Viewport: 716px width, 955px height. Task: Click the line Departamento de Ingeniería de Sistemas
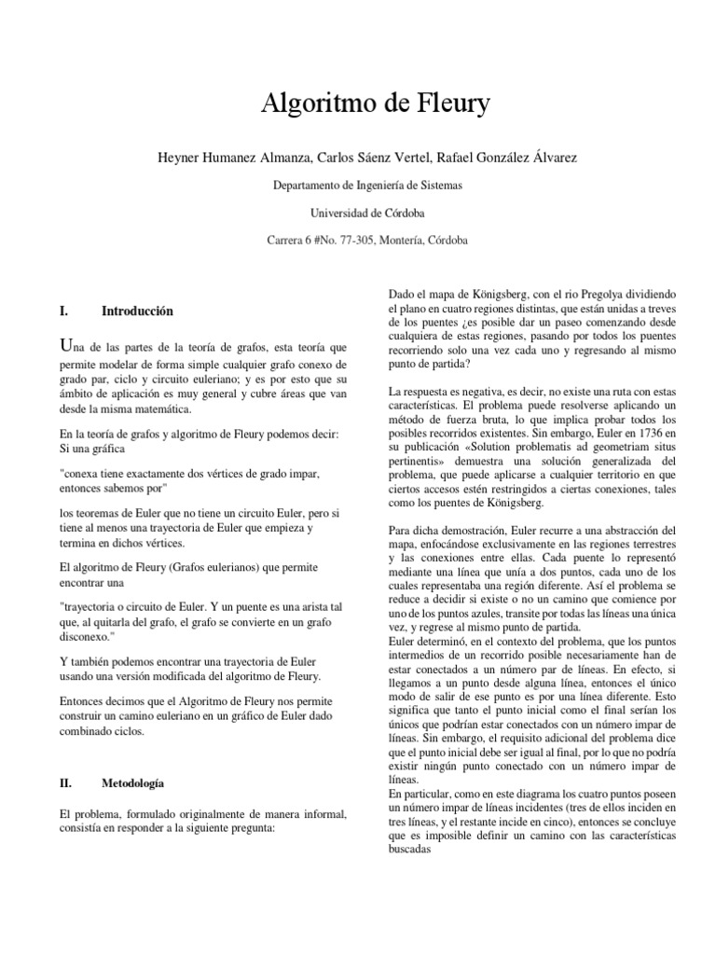367,186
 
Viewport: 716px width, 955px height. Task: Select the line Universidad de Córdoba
367,213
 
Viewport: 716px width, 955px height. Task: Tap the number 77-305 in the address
359,240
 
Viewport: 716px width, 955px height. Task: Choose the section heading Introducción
137,311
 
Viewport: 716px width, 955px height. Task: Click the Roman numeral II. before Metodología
66,782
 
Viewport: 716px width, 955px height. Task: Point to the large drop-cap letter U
65,347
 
